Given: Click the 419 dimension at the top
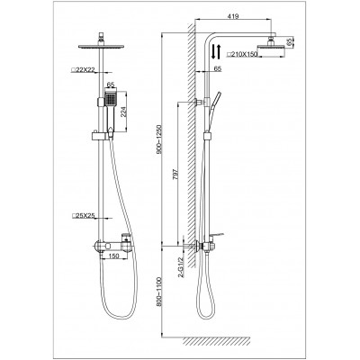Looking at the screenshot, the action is coord(233,16).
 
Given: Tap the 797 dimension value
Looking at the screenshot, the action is coord(175,175).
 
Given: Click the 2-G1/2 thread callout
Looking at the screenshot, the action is coord(181,266).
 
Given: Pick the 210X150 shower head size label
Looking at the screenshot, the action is coord(242,54).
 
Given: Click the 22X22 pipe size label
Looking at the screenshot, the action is coord(83,69).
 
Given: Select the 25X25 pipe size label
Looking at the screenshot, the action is coord(83,216).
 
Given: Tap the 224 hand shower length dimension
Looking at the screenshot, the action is coord(123,112).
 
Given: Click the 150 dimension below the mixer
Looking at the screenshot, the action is coord(113,256).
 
